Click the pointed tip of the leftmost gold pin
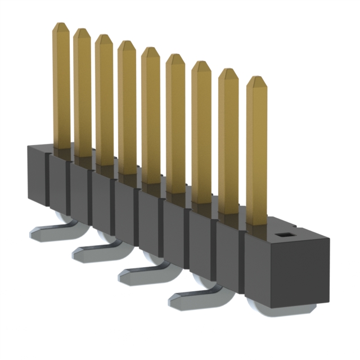(61, 26)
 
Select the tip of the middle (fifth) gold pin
(150, 51)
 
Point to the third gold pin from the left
(104, 101)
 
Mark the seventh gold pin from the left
(201, 135)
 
